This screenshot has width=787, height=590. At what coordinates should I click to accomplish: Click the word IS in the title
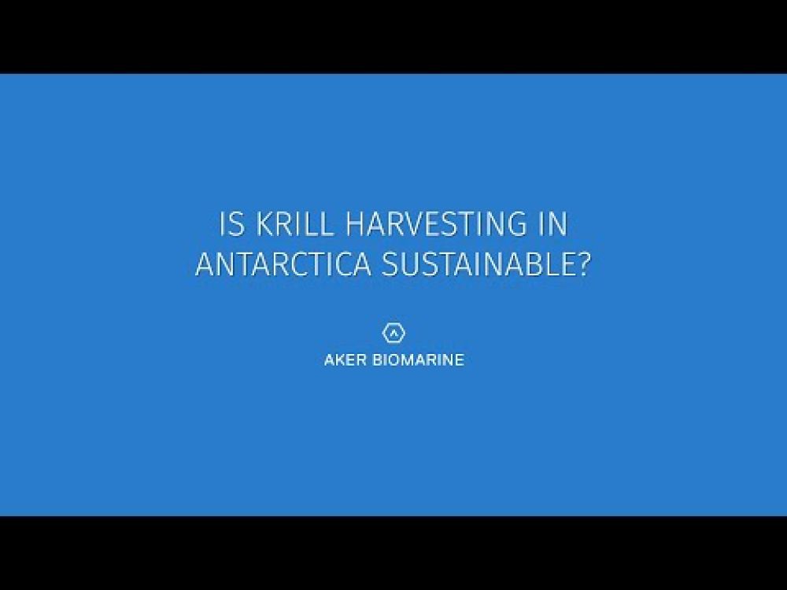[232, 225]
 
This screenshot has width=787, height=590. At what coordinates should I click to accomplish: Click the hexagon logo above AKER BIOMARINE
[393, 332]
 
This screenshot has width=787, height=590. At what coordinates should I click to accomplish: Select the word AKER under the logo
[342, 361]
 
